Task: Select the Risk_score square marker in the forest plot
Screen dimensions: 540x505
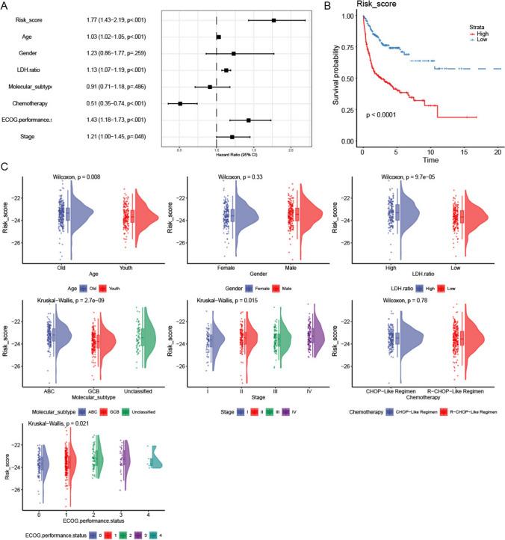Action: pos(274,21)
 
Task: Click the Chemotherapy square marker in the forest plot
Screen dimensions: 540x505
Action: pos(180,103)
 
